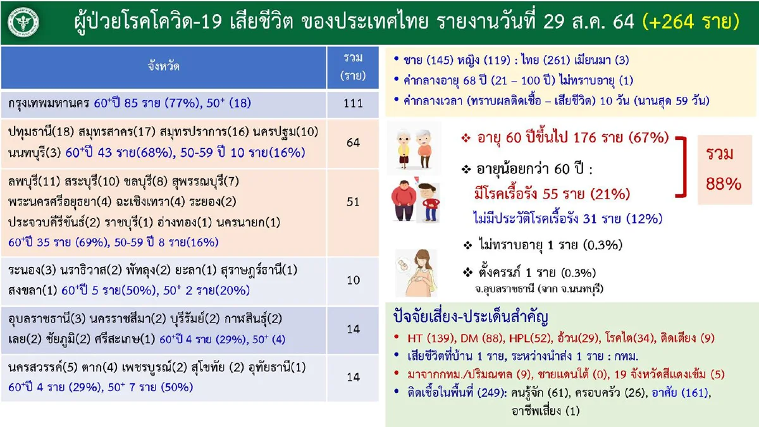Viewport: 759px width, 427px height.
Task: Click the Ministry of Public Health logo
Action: (23, 23)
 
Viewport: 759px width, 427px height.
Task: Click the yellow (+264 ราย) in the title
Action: (690, 22)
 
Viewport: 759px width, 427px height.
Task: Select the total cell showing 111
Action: (354, 103)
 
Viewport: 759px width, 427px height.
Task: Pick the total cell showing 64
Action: (354, 143)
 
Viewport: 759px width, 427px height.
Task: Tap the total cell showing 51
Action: (354, 202)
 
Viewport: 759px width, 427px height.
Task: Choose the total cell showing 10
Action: (354, 280)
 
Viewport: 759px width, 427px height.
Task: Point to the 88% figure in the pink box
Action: (724, 183)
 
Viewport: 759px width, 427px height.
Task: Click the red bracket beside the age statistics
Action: (682, 166)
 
